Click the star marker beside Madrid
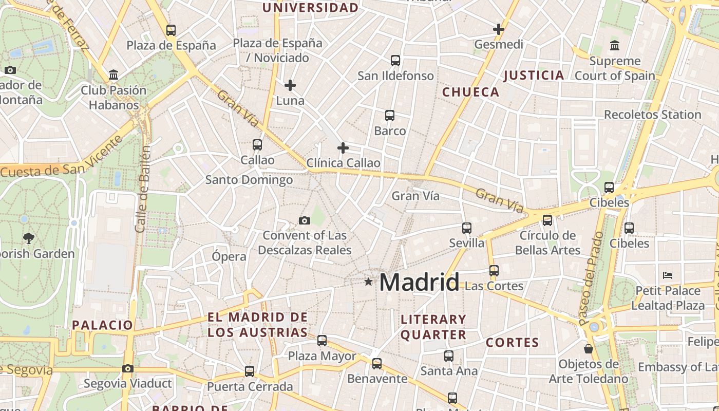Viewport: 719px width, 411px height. (x=368, y=282)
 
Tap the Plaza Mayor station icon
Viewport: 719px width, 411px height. (x=322, y=340)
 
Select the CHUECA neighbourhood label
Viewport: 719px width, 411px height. (x=470, y=92)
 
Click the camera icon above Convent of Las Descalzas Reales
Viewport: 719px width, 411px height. (x=305, y=221)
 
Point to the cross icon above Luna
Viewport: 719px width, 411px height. (x=290, y=85)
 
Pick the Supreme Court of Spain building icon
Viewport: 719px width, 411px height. (x=615, y=46)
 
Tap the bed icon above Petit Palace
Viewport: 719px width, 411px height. (x=668, y=275)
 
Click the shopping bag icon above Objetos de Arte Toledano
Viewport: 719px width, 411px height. (x=589, y=349)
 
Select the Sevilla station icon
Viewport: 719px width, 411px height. (x=467, y=228)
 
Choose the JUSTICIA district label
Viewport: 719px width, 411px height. (x=534, y=76)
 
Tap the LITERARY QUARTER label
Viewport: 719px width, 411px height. (x=433, y=327)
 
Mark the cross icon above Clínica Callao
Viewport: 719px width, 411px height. (x=343, y=148)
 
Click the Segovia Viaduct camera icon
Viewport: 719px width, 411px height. (x=128, y=368)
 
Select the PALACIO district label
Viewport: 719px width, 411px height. (x=103, y=325)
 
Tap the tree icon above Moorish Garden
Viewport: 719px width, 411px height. (x=29, y=238)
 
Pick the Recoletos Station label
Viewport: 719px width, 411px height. (x=652, y=115)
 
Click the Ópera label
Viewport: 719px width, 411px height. (x=229, y=256)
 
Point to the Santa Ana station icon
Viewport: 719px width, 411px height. (x=449, y=356)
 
